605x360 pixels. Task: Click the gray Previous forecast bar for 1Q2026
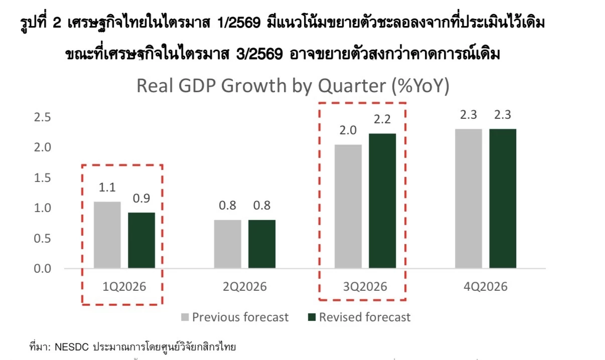107,235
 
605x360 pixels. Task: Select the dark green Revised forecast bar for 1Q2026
141,240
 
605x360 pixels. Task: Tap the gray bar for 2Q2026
227,244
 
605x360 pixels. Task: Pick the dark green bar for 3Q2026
382,201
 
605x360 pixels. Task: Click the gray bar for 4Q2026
469,198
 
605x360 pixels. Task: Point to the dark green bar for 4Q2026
503,198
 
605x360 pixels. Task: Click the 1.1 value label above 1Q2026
107,188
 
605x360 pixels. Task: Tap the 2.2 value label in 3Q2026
382,120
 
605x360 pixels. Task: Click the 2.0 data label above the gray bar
348,131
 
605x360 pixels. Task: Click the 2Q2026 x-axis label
244,287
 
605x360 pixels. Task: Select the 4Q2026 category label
486,287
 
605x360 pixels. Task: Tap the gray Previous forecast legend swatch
185,317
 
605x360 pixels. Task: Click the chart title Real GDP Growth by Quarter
292,86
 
